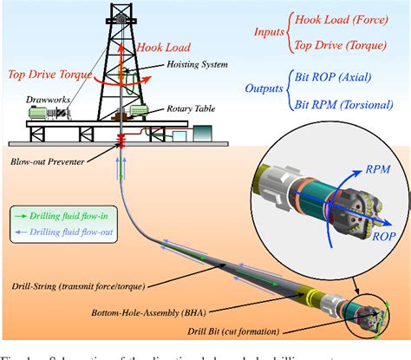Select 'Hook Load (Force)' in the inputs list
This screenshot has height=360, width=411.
343,18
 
